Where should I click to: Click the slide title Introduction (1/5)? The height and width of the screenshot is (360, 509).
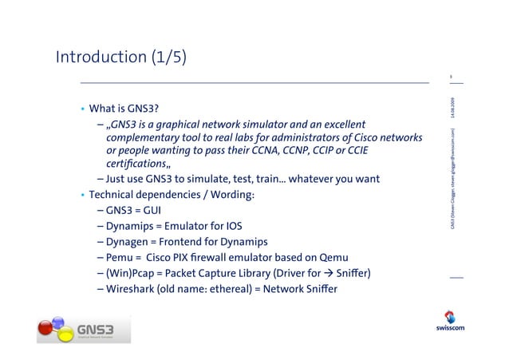[121, 57]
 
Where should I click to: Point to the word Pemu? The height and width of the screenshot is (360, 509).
[119, 258]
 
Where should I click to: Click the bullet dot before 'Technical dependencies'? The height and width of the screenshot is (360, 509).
[81, 196]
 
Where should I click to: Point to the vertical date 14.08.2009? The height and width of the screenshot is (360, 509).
[452, 108]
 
